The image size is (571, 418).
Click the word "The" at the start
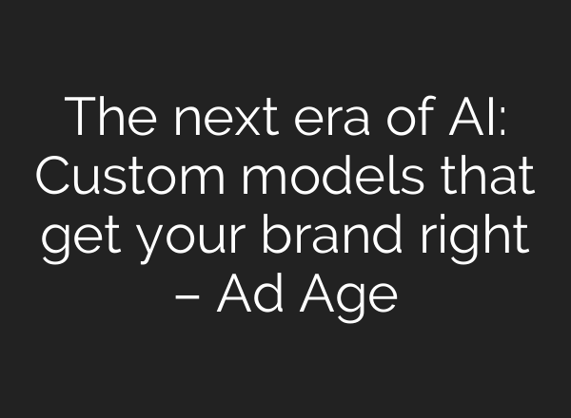[104, 118]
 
